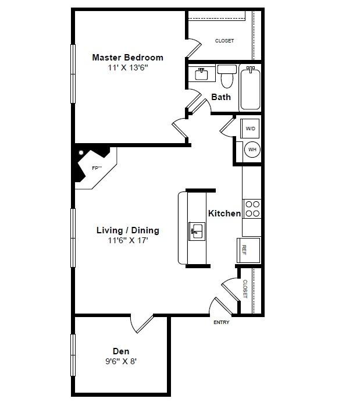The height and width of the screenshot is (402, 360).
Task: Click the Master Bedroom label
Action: (127, 57)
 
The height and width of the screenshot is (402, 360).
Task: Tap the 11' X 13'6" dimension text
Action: (128, 67)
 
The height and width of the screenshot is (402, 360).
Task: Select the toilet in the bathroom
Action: (227, 76)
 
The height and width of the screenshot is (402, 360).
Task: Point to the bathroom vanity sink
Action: (202, 74)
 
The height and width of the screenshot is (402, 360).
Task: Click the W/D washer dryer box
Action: (250, 128)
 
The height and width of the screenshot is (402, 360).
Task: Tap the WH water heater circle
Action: (252, 149)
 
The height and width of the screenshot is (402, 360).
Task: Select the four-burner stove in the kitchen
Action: (252, 209)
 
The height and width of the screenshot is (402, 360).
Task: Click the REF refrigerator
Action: (248, 250)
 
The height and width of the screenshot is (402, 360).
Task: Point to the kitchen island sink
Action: (197, 232)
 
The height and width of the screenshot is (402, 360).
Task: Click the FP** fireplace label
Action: (97, 168)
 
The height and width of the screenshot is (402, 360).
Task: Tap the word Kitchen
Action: (224, 214)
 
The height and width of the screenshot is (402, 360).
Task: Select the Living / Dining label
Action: (127, 230)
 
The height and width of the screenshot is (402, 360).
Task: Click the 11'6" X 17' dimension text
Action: (128, 240)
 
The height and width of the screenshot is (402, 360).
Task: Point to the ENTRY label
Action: (222, 322)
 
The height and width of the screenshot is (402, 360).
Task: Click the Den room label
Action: (121, 351)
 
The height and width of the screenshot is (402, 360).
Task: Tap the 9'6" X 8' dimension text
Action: (121, 361)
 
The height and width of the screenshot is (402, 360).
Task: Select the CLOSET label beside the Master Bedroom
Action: (224, 41)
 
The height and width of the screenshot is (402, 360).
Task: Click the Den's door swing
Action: (142, 324)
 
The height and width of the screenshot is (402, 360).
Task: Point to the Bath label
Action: (221, 97)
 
